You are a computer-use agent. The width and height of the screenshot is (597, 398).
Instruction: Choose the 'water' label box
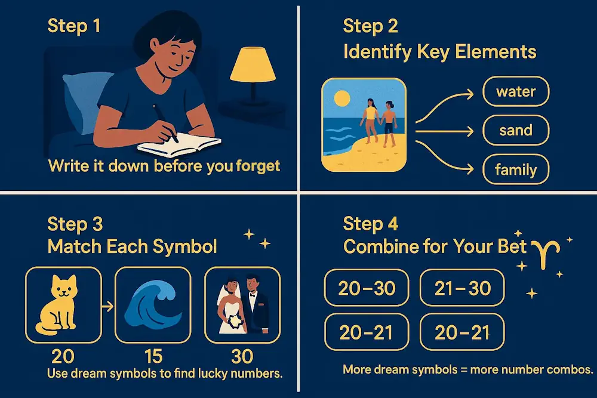515,92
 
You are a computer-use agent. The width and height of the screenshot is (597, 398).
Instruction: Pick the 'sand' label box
515,131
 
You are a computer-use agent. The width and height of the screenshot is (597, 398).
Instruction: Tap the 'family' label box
515,170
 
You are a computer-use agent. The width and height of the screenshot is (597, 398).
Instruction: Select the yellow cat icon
62,304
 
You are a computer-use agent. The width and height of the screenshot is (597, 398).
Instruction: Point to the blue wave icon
152,304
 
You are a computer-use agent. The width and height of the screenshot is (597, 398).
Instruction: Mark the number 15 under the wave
153,356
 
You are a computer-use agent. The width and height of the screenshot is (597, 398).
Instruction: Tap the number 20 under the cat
63,356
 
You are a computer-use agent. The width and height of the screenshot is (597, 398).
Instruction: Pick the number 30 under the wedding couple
241,356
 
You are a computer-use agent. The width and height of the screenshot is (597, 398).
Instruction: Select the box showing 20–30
367,288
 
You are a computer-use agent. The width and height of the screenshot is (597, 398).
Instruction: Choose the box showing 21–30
463,288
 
